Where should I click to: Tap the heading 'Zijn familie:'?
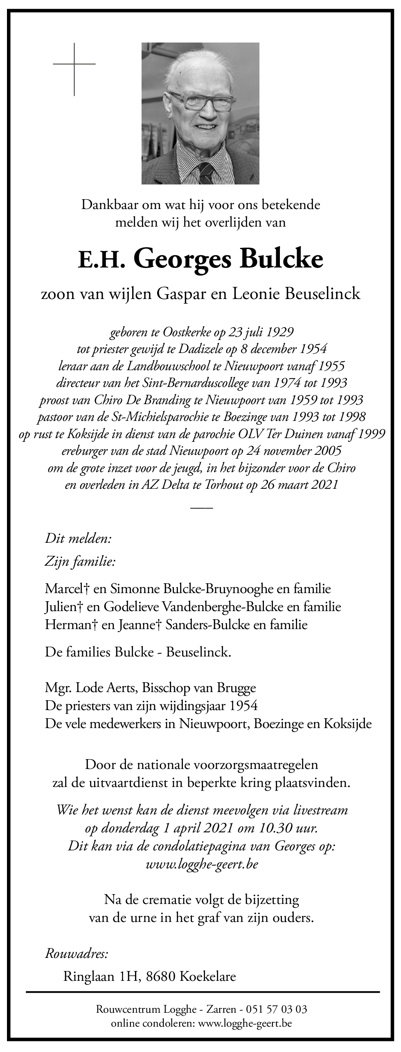[80, 562]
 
